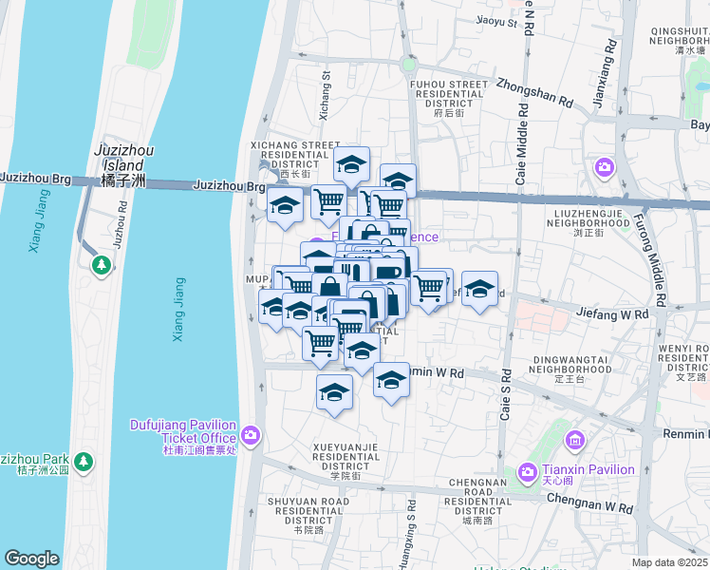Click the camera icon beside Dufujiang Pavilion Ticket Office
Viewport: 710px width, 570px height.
click(251, 435)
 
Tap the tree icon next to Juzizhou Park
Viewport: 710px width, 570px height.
click(84, 461)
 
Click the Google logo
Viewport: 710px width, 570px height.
click(32, 558)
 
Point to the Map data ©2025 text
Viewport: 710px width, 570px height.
click(669, 562)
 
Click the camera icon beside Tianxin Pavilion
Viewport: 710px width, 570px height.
click(527, 471)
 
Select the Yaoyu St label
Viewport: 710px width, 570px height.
click(496, 21)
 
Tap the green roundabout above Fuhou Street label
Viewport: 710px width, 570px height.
click(409, 66)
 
